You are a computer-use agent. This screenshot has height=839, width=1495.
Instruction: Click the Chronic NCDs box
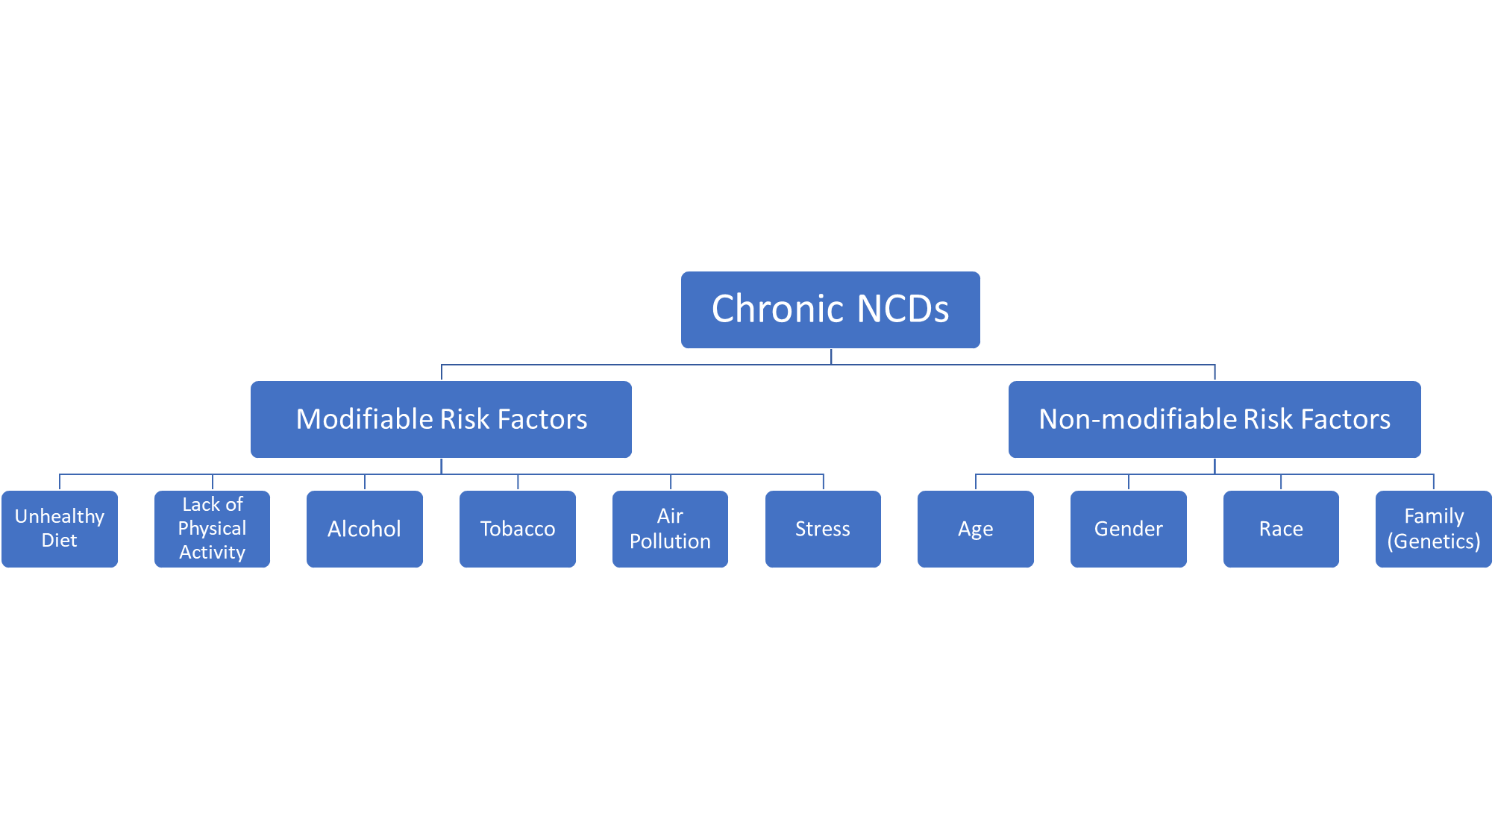pyautogui.click(x=830, y=309)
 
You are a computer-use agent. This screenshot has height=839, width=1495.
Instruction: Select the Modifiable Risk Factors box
pyautogui.click(x=441, y=419)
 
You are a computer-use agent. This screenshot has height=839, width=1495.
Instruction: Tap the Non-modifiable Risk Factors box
pyautogui.click(x=1215, y=419)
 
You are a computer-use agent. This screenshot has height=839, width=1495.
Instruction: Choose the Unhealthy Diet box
pyautogui.click(x=60, y=529)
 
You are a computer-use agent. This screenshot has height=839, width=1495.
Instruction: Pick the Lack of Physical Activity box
pyautogui.click(x=212, y=529)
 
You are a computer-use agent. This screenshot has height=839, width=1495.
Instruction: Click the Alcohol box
pyautogui.click(x=365, y=529)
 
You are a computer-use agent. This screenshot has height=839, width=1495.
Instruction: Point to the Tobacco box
pyautogui.click(x=518, y=529)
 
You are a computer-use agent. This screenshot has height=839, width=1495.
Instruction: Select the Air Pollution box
pyautogui.click(x=670, y=529)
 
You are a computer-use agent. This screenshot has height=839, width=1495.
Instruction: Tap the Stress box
pyautogui.click(x=823, y=529)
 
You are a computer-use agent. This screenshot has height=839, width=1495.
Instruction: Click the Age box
pyautogui.click(x=976, y=529)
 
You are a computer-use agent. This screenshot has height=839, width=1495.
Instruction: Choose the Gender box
pyautogui.click(x=1129, y=529)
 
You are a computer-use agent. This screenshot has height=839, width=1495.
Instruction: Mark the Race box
pyautogui.click(x=1281, y=529)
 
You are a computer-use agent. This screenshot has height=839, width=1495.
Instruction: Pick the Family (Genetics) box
pyautogui.click(x=1434, y=529)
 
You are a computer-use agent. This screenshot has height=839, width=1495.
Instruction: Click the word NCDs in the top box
pyautogui.click(x=903, y=309)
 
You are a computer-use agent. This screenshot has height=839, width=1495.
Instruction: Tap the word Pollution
pyautogui.click(x=670, y=541)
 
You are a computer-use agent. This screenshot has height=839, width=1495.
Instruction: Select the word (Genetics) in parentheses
pyautogui.click(x=1434, y=541)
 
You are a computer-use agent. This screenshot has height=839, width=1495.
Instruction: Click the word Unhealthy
pyautogui.click(x=60, y=517)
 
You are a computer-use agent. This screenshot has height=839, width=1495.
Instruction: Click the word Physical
pyautogui.click(x=212, y=529)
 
